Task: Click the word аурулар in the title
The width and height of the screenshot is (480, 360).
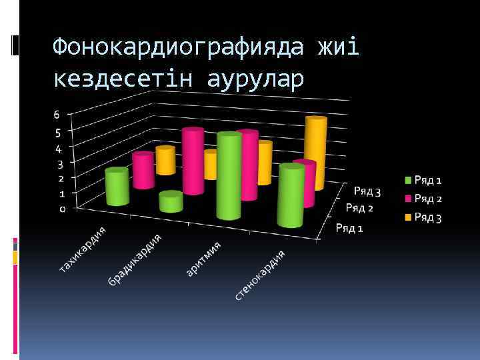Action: coord(255,79)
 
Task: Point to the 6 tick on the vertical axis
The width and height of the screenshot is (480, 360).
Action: coord(57,115)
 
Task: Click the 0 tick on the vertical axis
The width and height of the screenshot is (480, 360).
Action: coord(63,209)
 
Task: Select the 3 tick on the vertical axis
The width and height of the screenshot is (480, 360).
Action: coord(60,163)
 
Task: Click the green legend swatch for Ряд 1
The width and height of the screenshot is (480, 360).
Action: coord(407,180)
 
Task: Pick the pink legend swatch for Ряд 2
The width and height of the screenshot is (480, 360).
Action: coord(407,199)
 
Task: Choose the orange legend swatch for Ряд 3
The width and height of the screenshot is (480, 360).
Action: coord(407,217)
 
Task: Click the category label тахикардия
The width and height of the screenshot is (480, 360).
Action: coord(83,249)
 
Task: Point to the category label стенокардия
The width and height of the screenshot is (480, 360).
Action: coord(260,274)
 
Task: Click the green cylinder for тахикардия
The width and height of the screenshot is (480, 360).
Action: coord(117,187)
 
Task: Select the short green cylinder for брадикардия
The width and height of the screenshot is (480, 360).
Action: coord(171,202)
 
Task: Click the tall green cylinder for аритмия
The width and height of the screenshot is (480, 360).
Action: coord(229,177)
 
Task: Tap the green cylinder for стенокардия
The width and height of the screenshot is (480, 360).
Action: coord(291,195)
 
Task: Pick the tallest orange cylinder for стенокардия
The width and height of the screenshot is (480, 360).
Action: coord(315,152)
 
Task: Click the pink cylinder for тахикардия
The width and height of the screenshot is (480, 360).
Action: coord(143,171)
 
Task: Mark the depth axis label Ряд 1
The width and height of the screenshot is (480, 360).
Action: coord(349,228)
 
